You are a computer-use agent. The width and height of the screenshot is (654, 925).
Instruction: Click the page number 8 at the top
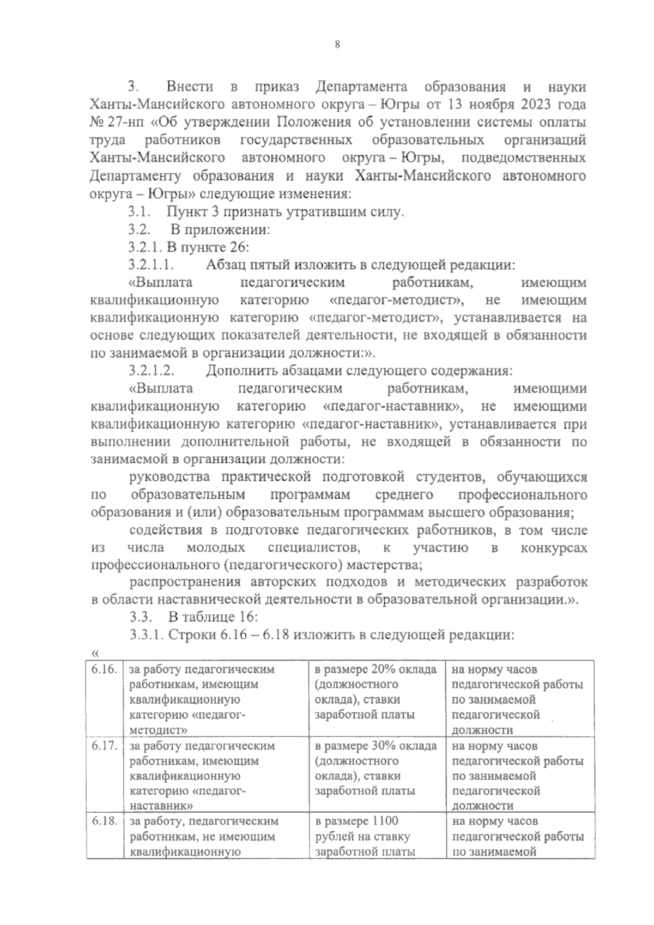[337, 46]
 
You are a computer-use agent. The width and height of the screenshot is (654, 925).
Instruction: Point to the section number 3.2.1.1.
[151, 265]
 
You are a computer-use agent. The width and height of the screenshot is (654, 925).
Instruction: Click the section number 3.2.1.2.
[151, 371]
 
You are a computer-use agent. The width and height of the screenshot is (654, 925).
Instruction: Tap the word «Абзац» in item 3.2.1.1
[226, 265]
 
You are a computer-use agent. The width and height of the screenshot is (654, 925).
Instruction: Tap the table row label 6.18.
[105, 821]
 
